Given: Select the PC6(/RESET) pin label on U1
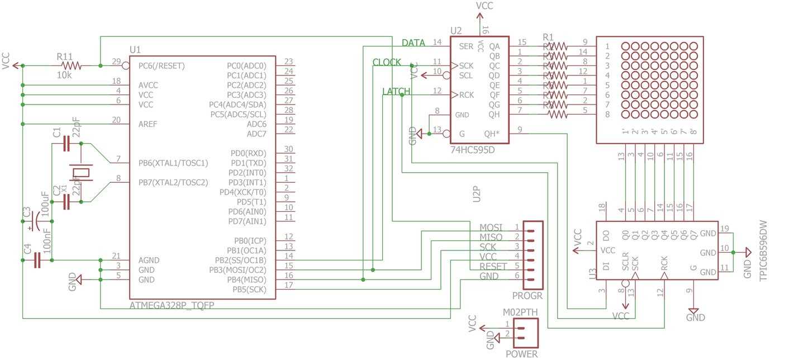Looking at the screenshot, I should (161, 65).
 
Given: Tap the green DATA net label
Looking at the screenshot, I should (413, 43).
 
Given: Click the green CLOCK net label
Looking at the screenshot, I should (387, 63).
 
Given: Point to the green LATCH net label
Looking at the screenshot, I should (396, 92).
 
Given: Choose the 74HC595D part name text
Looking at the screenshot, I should (473, 150).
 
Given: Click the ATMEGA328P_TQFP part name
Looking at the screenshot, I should (172, 306).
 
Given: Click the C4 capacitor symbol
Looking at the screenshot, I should (37, 260).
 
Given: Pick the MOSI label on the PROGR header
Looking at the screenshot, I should (491, 228).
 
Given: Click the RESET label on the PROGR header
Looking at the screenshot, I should (492, 266).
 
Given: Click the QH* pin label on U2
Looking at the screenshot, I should (492, 134).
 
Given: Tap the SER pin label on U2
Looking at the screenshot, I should (467, 46).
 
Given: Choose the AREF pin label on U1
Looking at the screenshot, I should (148, 124).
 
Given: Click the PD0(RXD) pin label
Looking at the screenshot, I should (248, 153).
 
